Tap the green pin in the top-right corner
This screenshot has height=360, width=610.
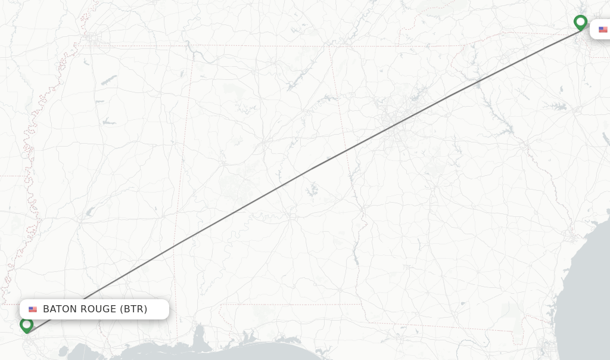(580, 23)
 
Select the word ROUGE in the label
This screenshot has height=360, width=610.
(97, 309)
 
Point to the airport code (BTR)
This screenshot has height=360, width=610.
(133, 309)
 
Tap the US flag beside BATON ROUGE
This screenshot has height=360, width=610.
(33, 309)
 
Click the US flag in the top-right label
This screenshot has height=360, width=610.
(603, 30)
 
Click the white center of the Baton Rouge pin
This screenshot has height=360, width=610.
(26, 324)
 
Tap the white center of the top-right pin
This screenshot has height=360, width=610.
(580, 21)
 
